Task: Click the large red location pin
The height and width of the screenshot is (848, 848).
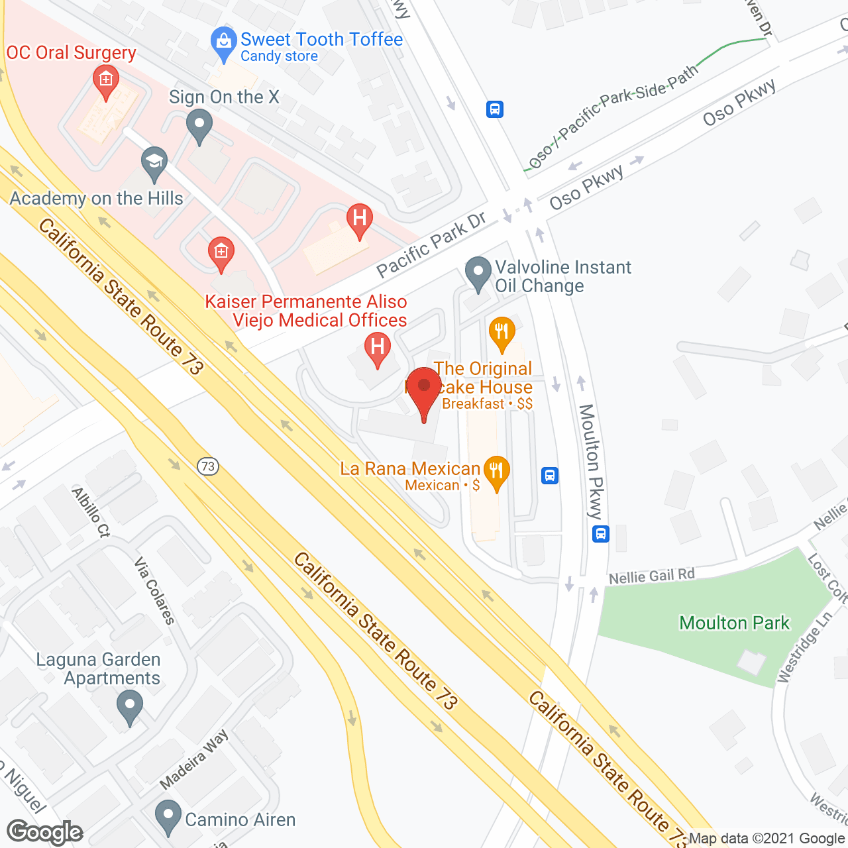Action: click(x=423, y=391)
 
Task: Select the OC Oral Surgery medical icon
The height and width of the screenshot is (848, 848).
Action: click(x=105, y=81)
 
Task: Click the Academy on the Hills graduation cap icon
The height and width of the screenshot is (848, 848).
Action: click(x=154, y=163)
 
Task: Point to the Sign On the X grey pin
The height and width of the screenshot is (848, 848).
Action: click(x=199, y=125)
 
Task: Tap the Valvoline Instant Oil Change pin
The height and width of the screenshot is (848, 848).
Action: click(x=478, y=273)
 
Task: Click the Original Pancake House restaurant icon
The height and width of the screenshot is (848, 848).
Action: click(x=502, y=333)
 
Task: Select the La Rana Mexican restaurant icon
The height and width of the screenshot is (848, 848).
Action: click(x=496, y=472)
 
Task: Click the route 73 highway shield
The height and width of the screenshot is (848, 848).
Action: click(x=208, y=466)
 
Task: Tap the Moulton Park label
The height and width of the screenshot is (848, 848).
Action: click(x=734, y=623)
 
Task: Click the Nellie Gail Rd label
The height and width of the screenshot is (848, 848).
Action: click(x=651, y=576)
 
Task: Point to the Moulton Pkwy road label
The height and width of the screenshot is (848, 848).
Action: click(x=591, y=461)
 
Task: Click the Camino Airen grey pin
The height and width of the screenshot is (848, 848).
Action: click(x=168, y=816)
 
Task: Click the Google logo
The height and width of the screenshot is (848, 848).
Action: click(x=45, y=832)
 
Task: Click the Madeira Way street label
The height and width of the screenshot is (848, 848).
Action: click(x=194, y=759)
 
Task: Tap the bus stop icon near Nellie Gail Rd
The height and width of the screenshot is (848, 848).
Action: click(x=601, y=533)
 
